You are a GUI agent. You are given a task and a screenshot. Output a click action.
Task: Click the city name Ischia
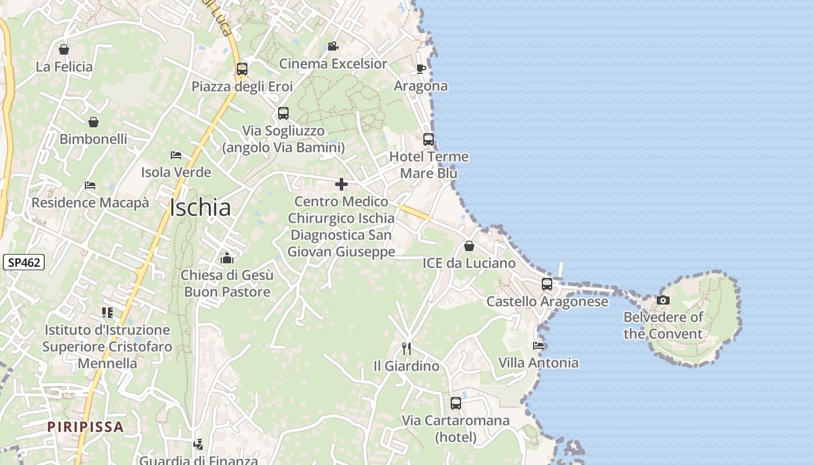[x=200, y=208]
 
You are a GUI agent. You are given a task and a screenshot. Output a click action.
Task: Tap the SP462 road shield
[x=24, y=263]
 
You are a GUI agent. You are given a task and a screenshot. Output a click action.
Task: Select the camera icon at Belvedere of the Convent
[x=663, y=300]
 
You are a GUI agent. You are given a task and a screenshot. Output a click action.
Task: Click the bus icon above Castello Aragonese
[x=547, y=284]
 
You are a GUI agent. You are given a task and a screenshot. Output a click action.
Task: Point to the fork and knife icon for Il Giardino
[x=406, y=348]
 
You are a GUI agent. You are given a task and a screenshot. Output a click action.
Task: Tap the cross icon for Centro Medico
[x=341, y=184]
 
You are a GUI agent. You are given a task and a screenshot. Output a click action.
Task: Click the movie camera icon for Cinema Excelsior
[x=333, y=46]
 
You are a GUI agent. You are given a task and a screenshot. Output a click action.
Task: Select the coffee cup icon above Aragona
[x=421, y=69]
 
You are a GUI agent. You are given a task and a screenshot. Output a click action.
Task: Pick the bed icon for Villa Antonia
[x=538, y=345]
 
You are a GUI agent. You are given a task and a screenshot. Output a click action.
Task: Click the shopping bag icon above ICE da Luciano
[x=469, y=246]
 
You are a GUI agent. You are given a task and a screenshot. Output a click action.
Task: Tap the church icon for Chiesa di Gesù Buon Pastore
[x=226, y=257]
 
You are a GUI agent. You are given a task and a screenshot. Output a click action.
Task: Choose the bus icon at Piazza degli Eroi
[x=242, y=69]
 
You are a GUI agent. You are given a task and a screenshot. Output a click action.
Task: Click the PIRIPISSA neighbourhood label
[x=86, y=427]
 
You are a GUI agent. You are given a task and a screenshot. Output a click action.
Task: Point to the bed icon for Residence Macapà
[x=90, y=185]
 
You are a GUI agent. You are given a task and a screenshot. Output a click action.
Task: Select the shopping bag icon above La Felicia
[x=64, y=50]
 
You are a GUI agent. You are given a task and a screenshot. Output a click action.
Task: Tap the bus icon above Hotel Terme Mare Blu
[x=429, y=139]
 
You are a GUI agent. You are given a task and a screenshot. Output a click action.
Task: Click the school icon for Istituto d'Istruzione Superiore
[x=107, y=313]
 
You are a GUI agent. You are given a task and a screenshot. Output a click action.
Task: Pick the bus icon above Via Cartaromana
[x=456, y=403]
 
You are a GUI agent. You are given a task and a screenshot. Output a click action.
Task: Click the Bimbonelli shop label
[x=93, y=139]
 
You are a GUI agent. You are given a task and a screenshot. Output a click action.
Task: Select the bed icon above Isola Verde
[x=176, y=155]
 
